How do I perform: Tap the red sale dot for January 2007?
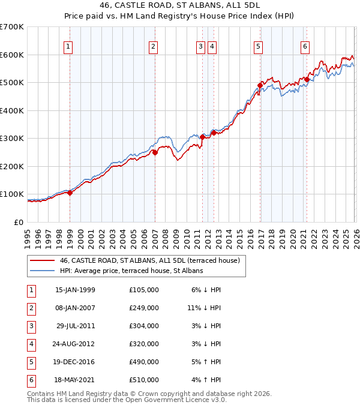[155, 152]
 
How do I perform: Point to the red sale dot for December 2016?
[260, 85]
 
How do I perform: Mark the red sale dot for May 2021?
[307, 79]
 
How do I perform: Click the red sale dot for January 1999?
[70, 193]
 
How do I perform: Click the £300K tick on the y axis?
[12, 139]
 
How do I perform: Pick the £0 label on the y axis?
[19, 222]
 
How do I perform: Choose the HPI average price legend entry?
[131, 271]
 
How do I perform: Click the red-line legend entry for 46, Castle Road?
[149, 260]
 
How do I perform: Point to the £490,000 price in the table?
[143, 362]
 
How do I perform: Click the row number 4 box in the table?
[30, 344]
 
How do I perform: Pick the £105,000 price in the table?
[143, 290]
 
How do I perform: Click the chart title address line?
[180, 5]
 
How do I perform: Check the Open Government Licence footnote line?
[127, 400]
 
